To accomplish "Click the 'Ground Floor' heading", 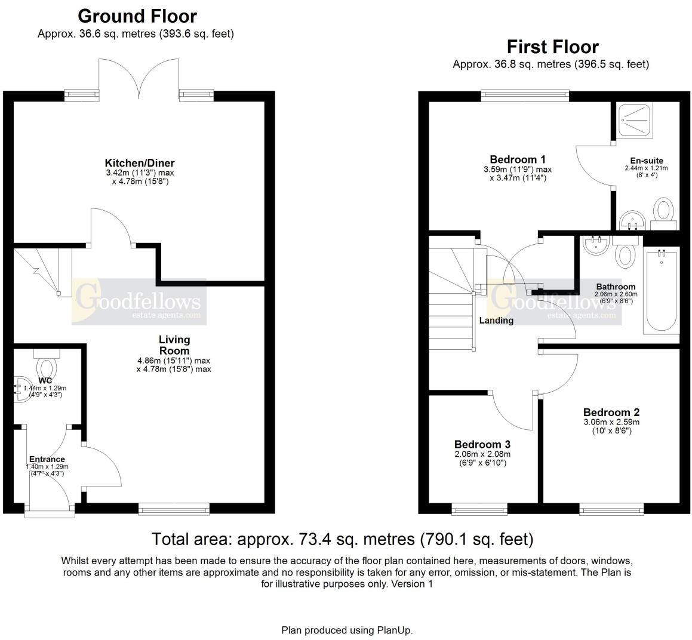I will pyautogui.click(x=137, y=16).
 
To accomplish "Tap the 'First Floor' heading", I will pyautogui.click(x=552, y=47).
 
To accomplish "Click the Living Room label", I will pyautogui.click(x=174, y=345).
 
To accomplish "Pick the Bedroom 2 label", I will pyautogui.click(x=611, y=413).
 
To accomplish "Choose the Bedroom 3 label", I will pyautogui.click(x=482, y=445).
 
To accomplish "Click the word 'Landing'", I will pyautogui.click(x=496, y=321).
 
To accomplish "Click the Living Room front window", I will pyautogui.click(x=174, y=509).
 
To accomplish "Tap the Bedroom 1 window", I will pyautogui.click(x=524, y=96).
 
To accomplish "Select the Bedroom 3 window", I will pyautogui.click(x=479, y=509).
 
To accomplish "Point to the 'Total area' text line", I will pyautogui.click(x=342, y=540).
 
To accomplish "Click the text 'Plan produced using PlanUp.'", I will pyautogui.click(x=347, y=630).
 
